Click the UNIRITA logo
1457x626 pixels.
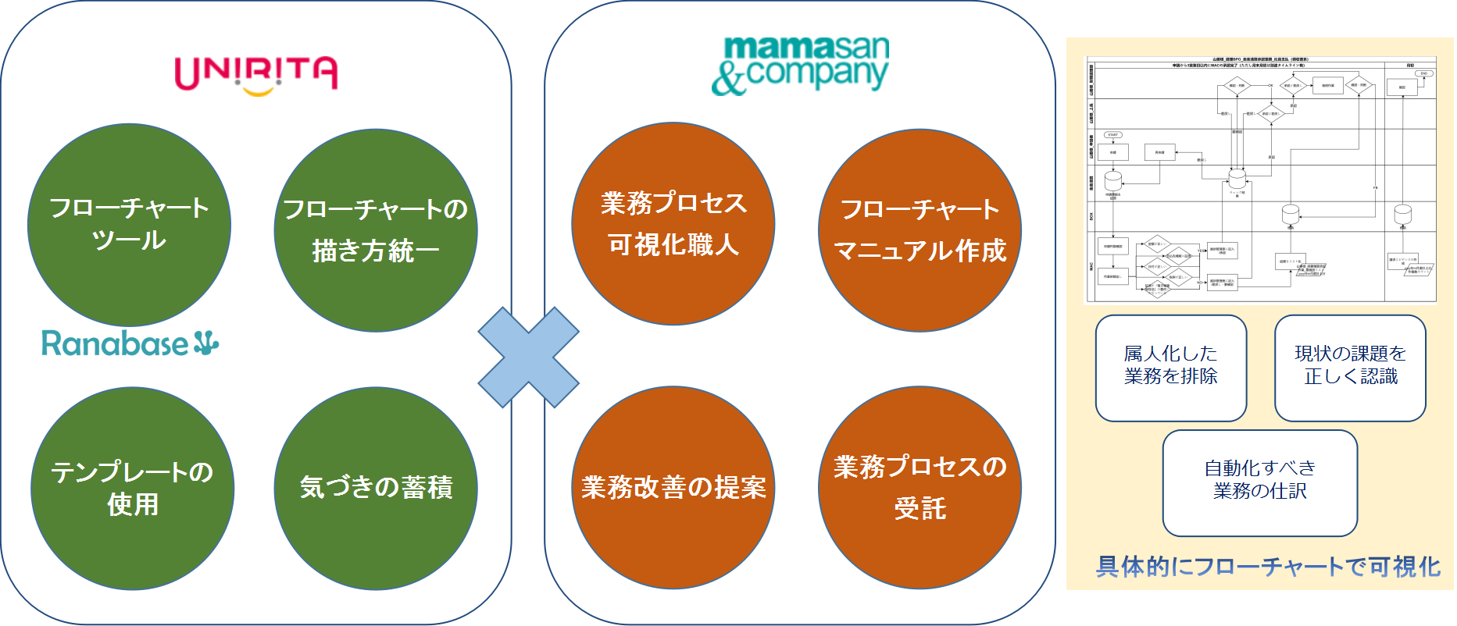(255, 74)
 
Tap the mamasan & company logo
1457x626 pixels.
(801, 66)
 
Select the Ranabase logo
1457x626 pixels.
(130, 343)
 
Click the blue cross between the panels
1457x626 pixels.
(528, 357)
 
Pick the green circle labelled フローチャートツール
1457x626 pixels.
(129, 225)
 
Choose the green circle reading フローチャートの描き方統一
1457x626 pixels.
(376, 230)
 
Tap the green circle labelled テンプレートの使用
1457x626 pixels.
(132, 488)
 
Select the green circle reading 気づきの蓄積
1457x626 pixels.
(376, 488)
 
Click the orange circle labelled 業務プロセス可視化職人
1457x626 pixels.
(673, 224)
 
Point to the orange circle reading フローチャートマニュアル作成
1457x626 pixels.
(920, 230)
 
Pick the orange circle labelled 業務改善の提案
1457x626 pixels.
(673, 488)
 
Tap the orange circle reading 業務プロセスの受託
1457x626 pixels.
(920, 488)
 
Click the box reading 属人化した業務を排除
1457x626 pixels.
(1170, 368)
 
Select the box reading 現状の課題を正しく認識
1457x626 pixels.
(1350, 368)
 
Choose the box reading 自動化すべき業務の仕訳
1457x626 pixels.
(1259, 482)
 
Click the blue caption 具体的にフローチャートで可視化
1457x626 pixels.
(1268, 567)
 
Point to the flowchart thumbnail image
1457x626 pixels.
(1261, 179)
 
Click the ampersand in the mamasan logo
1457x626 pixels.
(729, 79)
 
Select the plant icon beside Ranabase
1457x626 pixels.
(206, 343)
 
